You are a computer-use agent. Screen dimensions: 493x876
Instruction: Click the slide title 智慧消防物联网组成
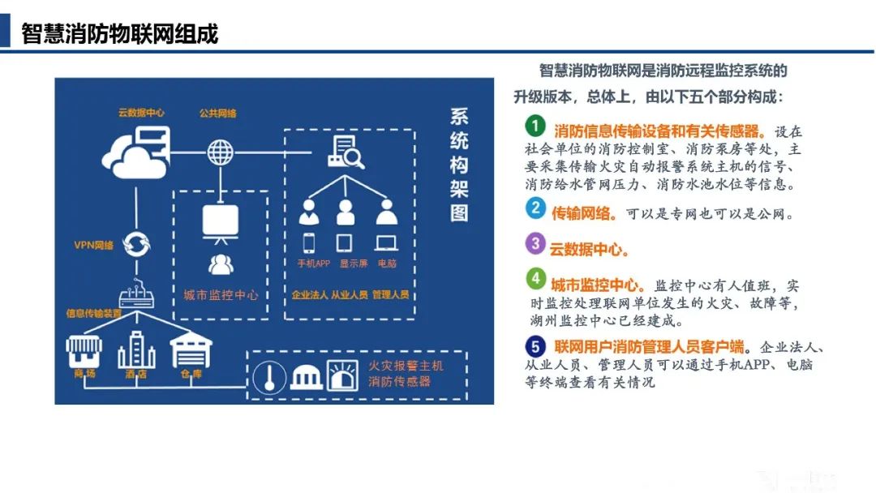(x=119, y=34)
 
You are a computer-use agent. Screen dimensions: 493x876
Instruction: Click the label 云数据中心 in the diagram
(x=140, y=113)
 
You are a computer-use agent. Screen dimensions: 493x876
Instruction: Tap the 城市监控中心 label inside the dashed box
(x=221, y=295)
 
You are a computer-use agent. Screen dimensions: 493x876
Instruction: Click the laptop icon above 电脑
(x=386, y=242)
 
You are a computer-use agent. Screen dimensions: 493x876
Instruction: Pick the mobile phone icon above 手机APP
(x=309, y=242)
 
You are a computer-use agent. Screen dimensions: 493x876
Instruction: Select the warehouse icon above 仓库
(x=191, y=349)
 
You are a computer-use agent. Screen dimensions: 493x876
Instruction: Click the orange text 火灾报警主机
(x=406, y=366)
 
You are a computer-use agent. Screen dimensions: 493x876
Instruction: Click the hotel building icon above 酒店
(x=135, y=349)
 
